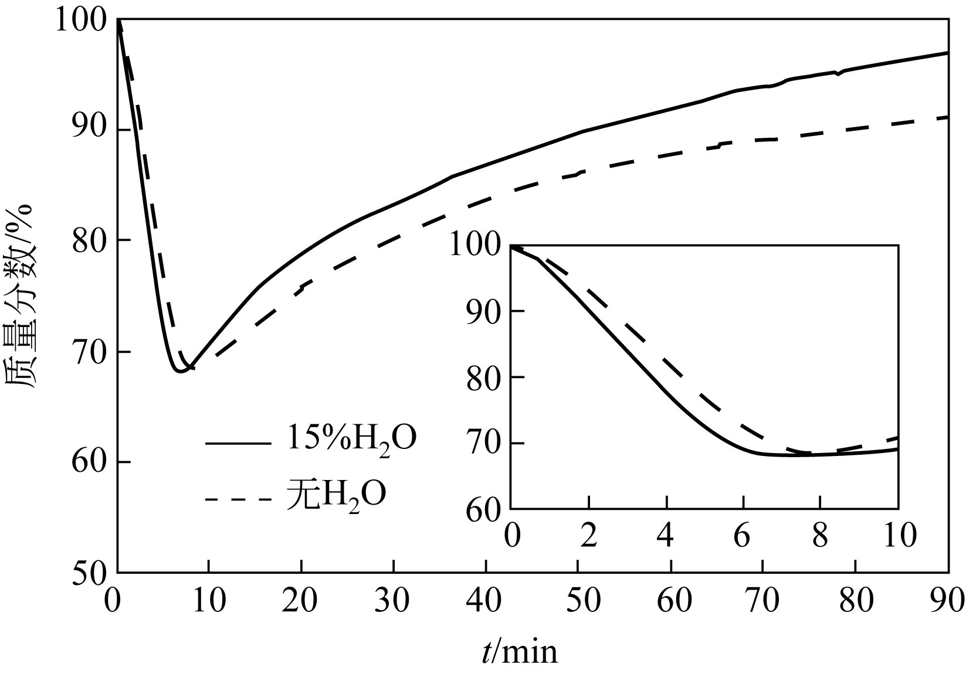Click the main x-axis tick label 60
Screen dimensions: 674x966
tap(670, 601)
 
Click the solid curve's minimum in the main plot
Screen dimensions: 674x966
tap(180, 371)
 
